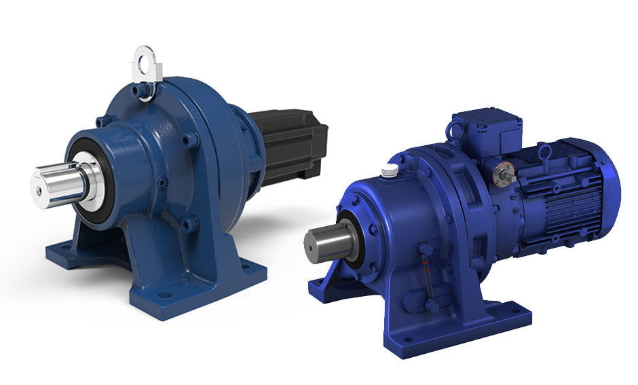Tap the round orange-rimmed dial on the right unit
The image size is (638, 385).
pyautogui.click(x=500, y=172)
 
